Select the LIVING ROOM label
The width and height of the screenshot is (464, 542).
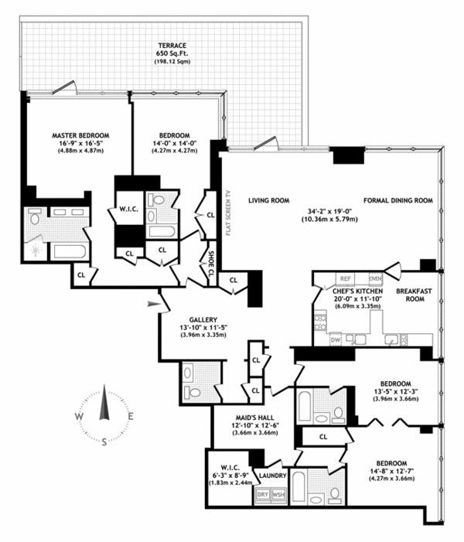click(268, 201)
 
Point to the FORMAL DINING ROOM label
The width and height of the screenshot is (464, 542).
click(397, 201)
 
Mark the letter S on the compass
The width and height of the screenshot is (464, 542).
click(104, 441)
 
